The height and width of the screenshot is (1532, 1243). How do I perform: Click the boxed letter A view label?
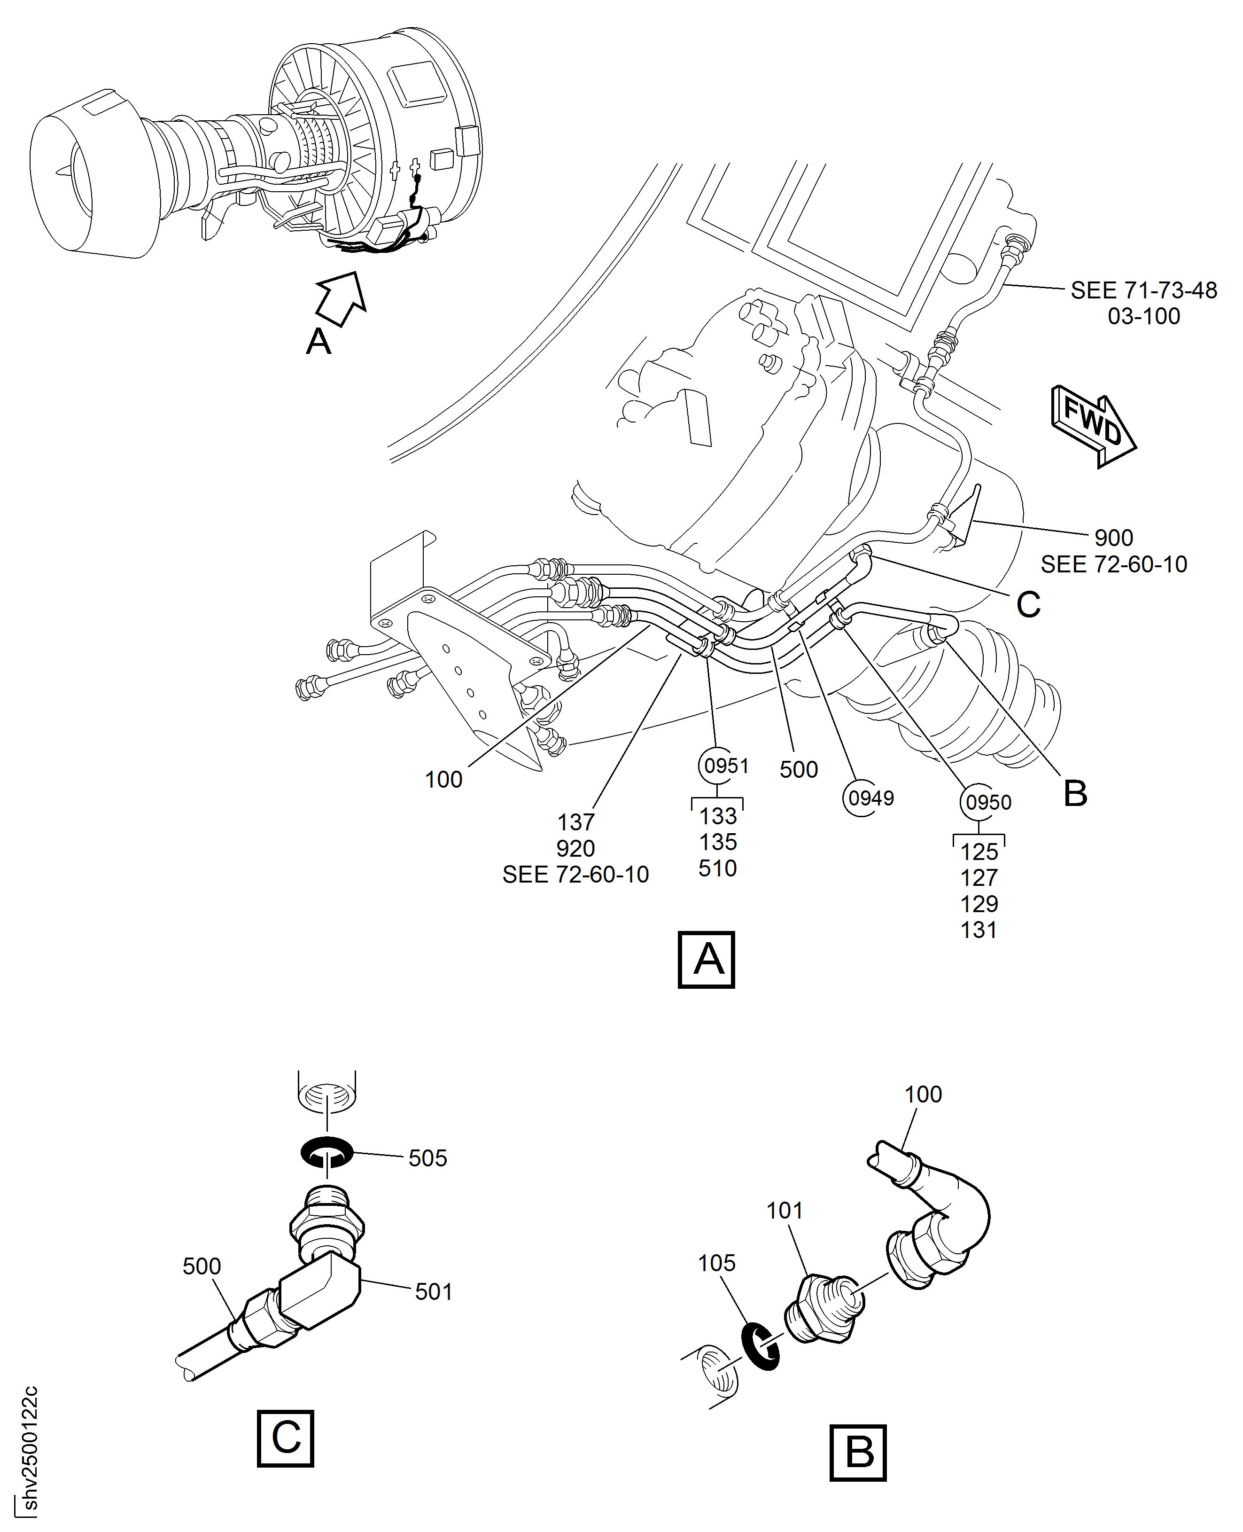point(706,960)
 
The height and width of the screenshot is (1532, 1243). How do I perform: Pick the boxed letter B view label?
point(858,1453)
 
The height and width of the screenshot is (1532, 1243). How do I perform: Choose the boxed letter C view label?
point(285,1438)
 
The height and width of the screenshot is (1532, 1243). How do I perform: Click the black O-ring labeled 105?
point(761,1345)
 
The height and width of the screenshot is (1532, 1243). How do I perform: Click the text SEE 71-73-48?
point(1143,290)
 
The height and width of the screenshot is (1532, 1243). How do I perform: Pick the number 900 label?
point(1113,537)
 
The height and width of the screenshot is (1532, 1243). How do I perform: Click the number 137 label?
point(575,821)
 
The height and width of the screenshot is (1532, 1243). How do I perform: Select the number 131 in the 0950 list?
point(979,930)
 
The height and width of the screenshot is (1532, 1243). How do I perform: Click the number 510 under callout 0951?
point(717,868)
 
